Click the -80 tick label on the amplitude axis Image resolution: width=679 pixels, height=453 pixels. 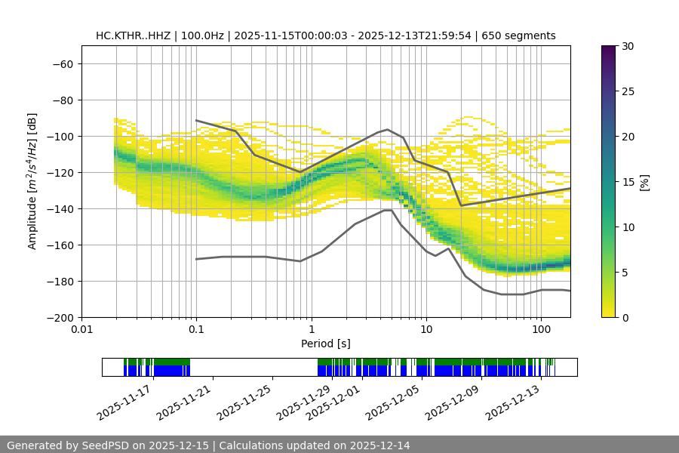[62, 100]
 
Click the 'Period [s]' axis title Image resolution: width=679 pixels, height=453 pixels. [326, 344]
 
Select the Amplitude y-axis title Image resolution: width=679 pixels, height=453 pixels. [32, 181]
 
